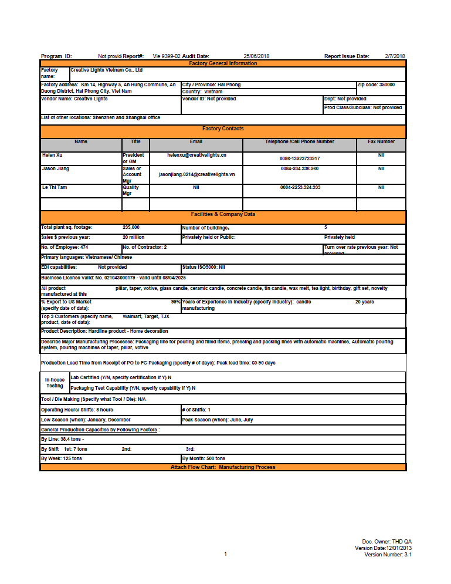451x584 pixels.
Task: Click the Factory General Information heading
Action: pos(223,63)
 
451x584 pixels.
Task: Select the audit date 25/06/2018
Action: pos(256,56)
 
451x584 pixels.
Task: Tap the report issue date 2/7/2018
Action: pos(395,56)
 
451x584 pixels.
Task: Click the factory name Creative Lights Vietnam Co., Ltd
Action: pos(107,70)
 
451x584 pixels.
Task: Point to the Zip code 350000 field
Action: pos(380,85)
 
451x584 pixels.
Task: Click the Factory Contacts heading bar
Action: pos(223,129)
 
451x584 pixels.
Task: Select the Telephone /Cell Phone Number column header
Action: pos(299,142)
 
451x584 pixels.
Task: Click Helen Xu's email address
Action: pos(196,156)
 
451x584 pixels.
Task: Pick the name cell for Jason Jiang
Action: pos(56,169)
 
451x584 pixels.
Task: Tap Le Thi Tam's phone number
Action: pos(300,188)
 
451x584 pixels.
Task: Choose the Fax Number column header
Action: pos(381,142)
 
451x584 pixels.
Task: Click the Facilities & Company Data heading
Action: pos(223,215)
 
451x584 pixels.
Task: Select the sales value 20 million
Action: pos(133,238)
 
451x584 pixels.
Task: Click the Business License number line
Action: pos(113,278)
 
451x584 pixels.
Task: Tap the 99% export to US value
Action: pos(175,302)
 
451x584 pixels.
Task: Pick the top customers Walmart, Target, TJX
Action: pos(145,316)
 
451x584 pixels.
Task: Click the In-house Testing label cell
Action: pos(55,383)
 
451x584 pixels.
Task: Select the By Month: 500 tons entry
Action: pos(204,458)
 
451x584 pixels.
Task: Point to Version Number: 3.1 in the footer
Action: pos(388,555)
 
